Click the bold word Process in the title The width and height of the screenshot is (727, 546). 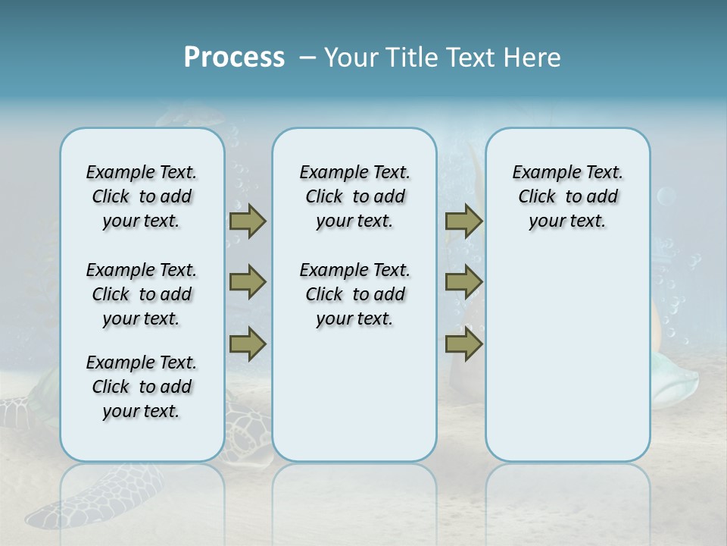click(x=234, y=58)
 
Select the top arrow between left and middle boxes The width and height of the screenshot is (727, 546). click(x=248, y=221)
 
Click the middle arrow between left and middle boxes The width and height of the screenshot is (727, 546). click(x=248, y=282)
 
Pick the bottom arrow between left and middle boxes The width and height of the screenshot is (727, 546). click(x=248, y=344)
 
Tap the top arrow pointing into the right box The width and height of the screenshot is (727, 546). click(x=463, y=221)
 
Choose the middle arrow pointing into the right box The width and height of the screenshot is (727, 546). click(x=463, y=282)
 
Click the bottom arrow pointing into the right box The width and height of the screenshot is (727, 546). click(x=463, y=344)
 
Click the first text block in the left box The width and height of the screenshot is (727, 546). click(x=142, y=196)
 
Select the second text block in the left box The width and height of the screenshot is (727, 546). click(x=142, y=294)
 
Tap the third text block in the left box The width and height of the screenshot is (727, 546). click(x=142, y=387)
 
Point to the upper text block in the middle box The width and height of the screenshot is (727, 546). click(x=354, y=196)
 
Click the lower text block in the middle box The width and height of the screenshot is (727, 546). click(x=354, y=294)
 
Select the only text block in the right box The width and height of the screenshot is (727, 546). click(x=567, y=196)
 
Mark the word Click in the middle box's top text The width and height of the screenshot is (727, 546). click(x=324, y=197)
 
